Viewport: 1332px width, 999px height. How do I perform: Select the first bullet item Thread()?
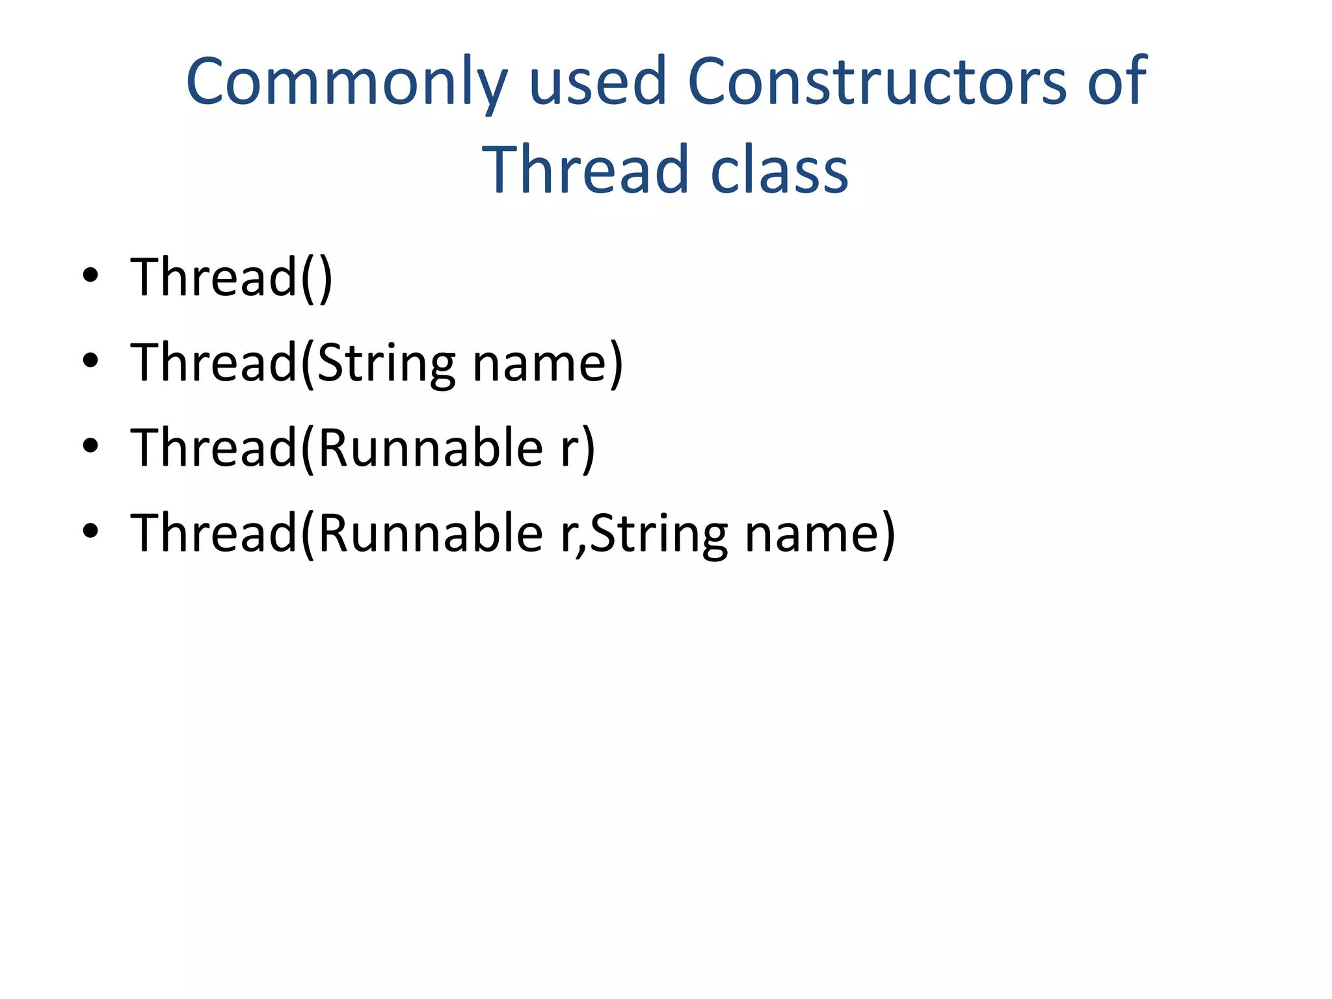(232, 278)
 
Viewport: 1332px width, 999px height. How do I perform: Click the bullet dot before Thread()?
(90, 275)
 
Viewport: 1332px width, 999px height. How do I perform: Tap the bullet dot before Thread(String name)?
(90, 360)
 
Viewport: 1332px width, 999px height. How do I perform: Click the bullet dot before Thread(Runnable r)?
(90, 446)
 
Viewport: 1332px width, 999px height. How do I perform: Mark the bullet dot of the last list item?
(90, 531)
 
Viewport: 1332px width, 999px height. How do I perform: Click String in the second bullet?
(386, 364)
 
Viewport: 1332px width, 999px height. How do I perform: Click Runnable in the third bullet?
(431, 448)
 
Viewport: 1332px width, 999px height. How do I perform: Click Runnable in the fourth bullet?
(431, 533)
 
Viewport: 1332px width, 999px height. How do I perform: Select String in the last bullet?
(658, 535)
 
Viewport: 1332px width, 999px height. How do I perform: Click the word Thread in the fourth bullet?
(213, 533)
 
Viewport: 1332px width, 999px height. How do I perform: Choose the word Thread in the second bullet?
(213, 363)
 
